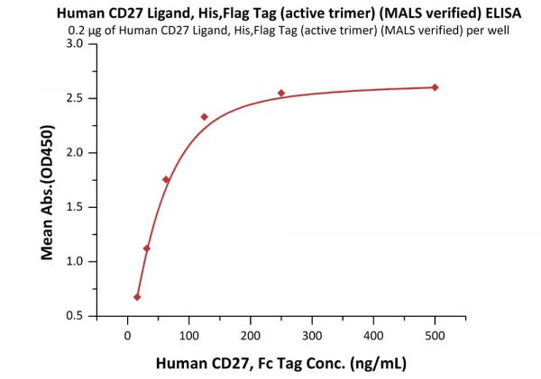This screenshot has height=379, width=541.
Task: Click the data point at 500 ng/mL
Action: click(x=435, y=87)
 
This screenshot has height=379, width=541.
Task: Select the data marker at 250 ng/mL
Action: click(x=281, y=93)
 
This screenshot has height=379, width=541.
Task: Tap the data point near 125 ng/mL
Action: click(x=204, y=117)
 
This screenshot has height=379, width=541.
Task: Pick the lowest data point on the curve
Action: click(x=137, y=297)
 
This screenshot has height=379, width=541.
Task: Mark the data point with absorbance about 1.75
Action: click(x=166, y=180)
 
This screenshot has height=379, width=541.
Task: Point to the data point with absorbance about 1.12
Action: click(x=147, y=248)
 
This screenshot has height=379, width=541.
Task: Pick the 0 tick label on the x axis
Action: click(x=128, y=337)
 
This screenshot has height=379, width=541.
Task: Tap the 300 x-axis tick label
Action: click(x=312, y=337)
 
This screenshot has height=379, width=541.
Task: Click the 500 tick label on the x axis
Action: click(x=435, y=337)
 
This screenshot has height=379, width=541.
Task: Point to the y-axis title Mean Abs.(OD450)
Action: click(x=46, y=180)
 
